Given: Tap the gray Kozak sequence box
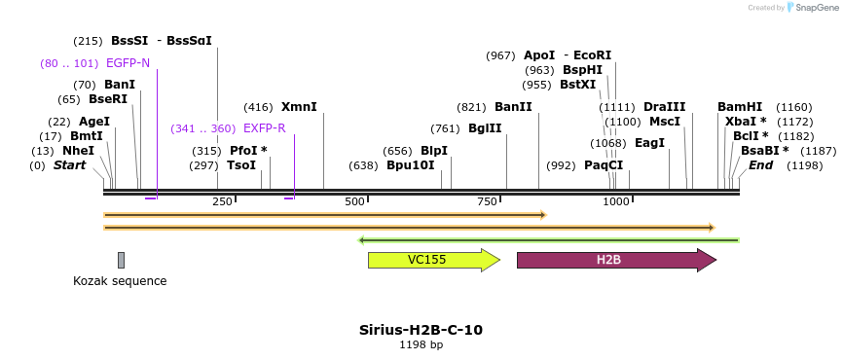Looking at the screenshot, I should [121, 260].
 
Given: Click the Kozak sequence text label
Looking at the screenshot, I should [120, 281].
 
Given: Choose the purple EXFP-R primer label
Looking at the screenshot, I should [265, 128].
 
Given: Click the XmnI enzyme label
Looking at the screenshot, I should [299, 107].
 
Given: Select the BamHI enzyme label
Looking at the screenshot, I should [740, 107].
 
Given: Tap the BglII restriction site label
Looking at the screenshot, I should [485, 128].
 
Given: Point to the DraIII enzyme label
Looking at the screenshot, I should [665, 107].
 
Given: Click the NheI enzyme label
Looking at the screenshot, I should [78, 151].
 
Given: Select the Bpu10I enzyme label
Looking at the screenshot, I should [410, 165].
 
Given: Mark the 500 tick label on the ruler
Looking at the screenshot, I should [354, 201].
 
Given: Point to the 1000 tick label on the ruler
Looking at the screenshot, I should [615, 201].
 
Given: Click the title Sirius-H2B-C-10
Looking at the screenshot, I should [421, 330].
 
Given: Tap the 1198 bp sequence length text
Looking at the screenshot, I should [421, 344].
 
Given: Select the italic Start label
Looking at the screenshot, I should [69, 165].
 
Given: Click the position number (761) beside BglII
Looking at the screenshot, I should [445, 128].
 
